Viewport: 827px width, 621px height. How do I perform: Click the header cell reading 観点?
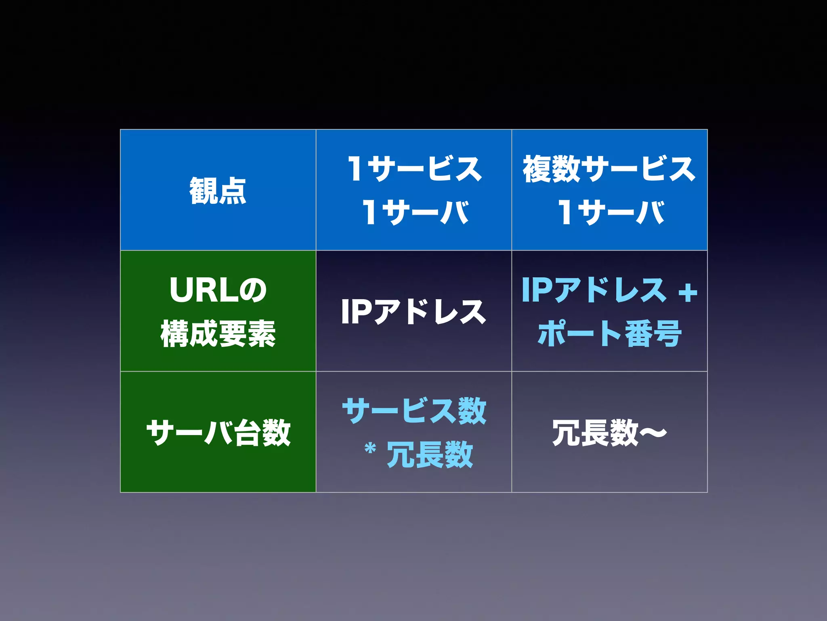218,190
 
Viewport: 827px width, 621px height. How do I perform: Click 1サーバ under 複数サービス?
611,212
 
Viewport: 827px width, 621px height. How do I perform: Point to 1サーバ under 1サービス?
415,212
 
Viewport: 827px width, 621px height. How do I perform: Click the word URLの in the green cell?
218,290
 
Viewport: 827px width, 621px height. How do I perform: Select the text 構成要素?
218,334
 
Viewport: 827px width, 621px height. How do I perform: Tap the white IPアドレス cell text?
413,312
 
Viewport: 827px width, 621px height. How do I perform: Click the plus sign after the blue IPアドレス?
688,292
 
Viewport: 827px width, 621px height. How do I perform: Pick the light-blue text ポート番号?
609,334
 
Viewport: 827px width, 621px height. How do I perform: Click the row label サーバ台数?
218,433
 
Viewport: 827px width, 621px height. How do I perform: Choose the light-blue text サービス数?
414,411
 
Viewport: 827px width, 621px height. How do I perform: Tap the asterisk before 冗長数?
370,449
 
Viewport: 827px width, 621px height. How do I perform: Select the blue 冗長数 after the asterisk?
430,454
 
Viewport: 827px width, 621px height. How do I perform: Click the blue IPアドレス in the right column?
594,290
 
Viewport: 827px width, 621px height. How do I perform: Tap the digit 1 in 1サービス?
355,169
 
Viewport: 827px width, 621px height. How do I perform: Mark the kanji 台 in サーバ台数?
248,433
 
